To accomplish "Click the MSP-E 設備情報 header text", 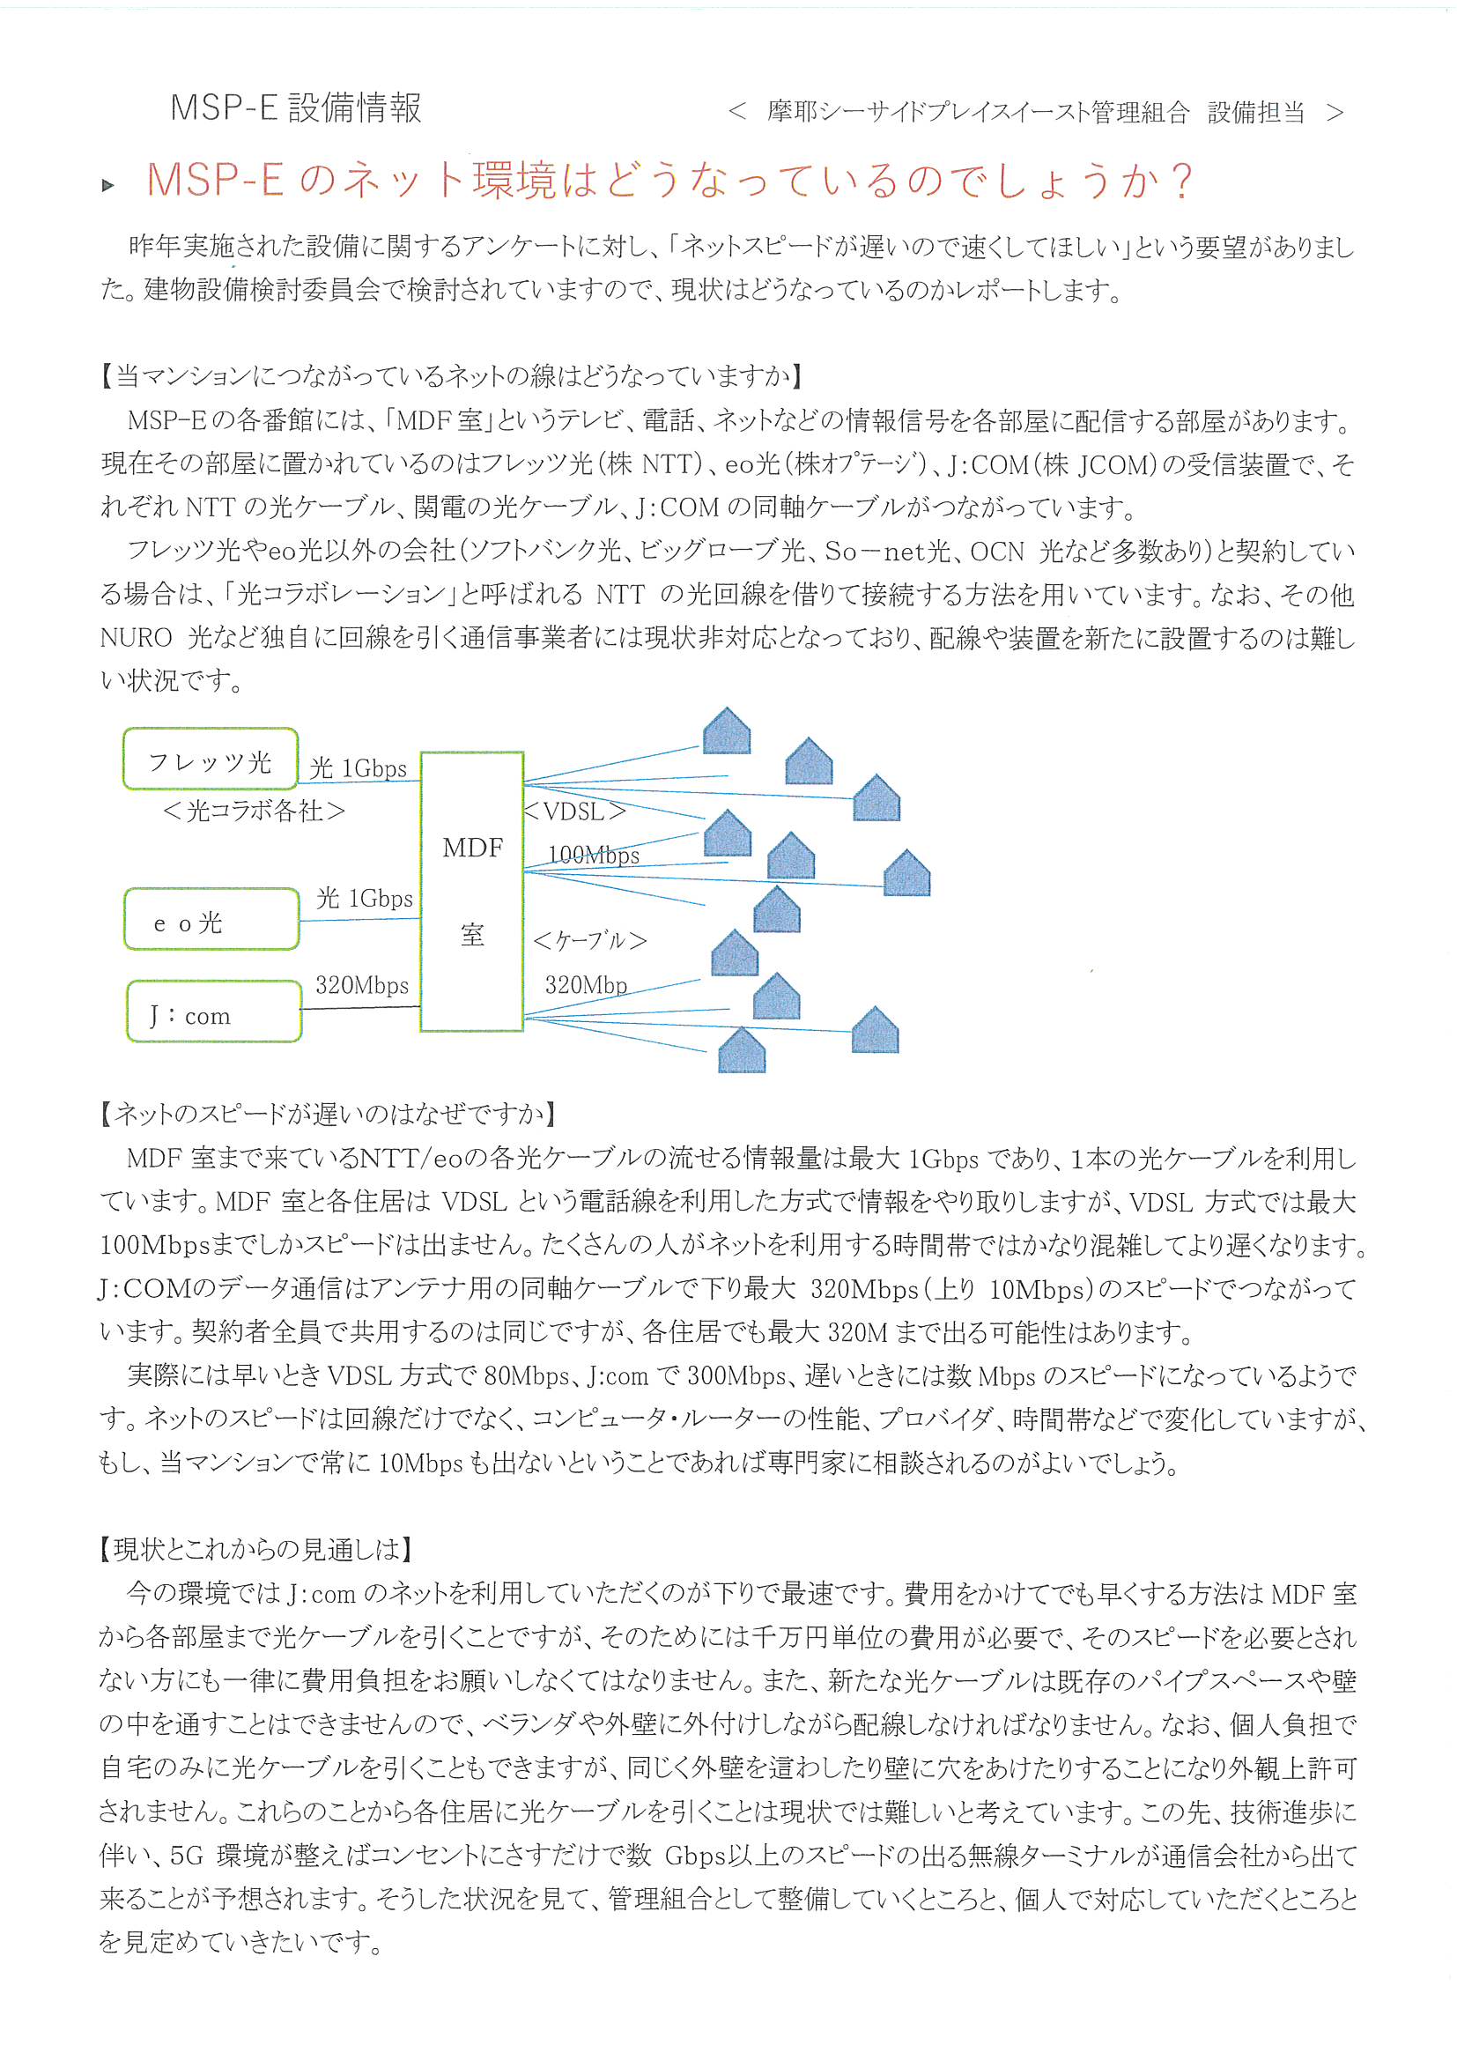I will click(295, 107).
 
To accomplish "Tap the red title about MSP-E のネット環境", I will click(669, 180).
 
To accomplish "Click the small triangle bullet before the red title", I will click(108, 186).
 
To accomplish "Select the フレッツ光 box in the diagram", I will click(211, 759).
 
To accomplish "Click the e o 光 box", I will click(211, 919).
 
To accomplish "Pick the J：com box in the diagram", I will click(213, 1012).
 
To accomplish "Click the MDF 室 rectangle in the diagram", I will click(472, 892).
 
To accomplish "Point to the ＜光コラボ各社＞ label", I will click(254, 811).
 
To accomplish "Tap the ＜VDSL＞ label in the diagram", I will click(574, 812).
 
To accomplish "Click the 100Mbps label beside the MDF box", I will click(593, 855).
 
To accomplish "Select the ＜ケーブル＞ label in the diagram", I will click(589, 940).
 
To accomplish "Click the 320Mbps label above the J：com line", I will click(361, 985).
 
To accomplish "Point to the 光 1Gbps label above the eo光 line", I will click(365, 898).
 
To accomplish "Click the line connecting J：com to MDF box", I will click(360, 1008).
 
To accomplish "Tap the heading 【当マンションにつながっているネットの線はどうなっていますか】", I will click(450, 376).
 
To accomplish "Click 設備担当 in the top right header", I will click(1255, 112).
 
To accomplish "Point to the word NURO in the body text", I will click(136, 638).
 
